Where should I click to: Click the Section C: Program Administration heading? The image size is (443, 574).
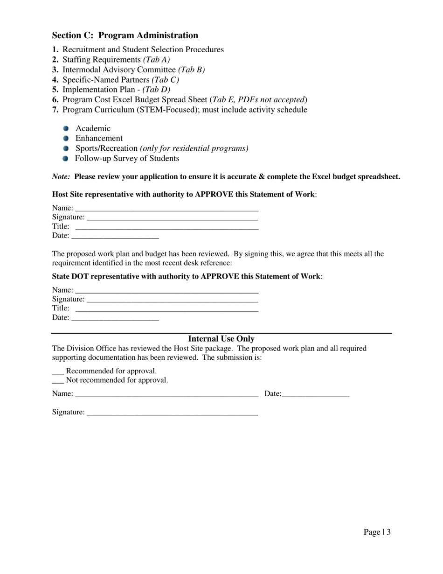[x=125, y=35]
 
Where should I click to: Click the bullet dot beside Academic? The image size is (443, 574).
[x=66, y=128]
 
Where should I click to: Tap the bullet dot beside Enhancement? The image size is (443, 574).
[x=66, y=138]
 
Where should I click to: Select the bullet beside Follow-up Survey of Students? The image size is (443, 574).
[x=66, y=158]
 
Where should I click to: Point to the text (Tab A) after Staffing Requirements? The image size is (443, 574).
[x=156, y=60]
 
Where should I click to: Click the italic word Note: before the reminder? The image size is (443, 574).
[x=61, y=177]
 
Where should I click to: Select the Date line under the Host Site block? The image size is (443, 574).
[x=115, y=237]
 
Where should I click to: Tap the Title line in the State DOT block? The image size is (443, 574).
[x=166, y=309]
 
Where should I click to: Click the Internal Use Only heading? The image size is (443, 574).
[x=221, y=339]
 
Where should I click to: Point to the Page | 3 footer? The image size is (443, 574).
[x=377, y=532]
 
